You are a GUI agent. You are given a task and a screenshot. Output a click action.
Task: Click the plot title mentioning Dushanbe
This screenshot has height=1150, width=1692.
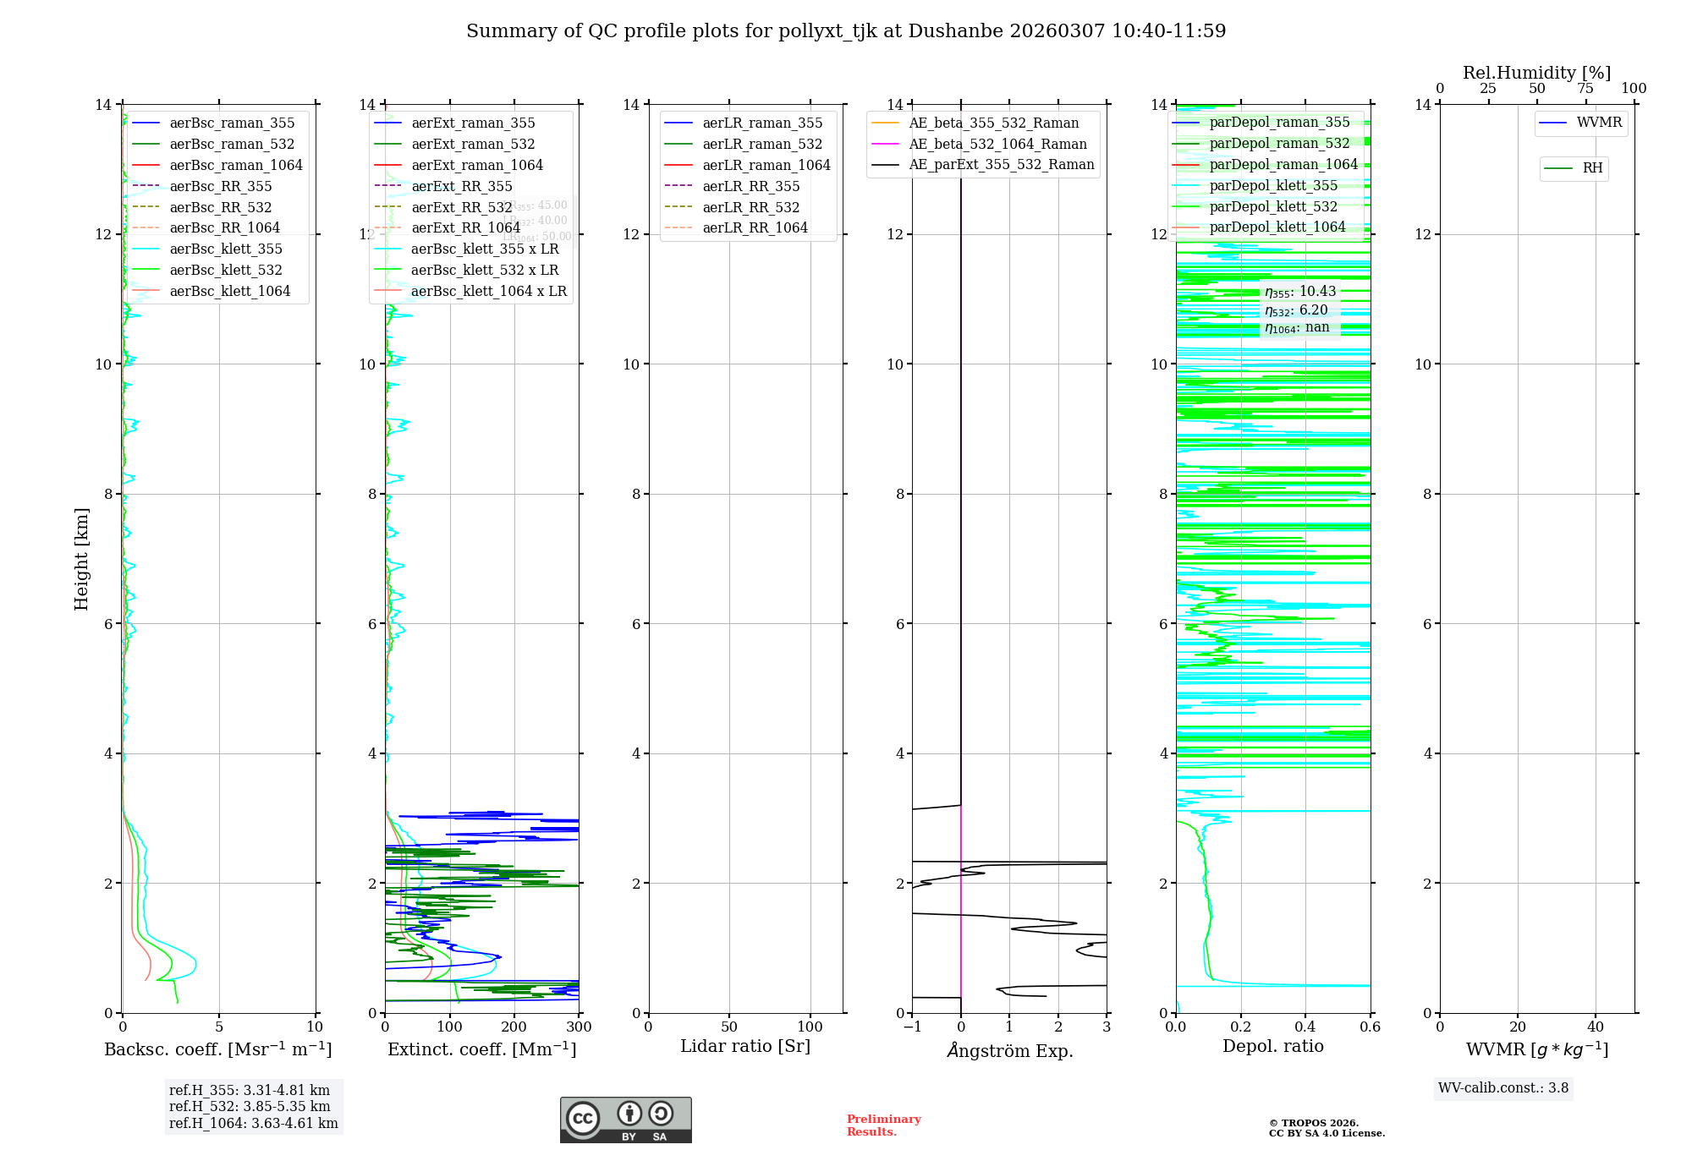pyautogui.click(x=846, y=31)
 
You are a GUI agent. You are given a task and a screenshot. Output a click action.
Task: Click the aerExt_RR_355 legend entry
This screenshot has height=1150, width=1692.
pyautogui.click(x=462, y=186)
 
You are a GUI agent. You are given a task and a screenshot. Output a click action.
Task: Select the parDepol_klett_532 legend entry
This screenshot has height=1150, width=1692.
pyautogui.click(x=1273, y=206)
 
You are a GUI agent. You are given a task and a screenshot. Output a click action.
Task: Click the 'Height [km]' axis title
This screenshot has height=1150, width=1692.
pyautogui.click(x=81, y=558)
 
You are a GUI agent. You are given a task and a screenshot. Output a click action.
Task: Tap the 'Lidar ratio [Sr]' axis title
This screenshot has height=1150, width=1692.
pyautogui.click(x=745, y=1046)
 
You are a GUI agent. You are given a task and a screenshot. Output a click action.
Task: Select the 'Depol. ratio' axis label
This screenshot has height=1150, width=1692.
pyautogui.click(x=1273, y=1046)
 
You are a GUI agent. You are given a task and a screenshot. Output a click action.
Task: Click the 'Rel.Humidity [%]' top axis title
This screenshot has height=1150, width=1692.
pyautogui.click(x=1536, y=73)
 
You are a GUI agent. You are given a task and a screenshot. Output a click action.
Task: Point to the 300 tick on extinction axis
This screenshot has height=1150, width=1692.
pyautogui.click(x=579, y=1027)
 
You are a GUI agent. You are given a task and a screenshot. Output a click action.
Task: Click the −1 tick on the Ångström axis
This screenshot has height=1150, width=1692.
pyautogui.click(x=912, y=1027)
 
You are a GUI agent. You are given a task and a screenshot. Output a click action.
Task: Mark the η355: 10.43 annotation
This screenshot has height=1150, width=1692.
pyautogui.click(x=1300, y=292)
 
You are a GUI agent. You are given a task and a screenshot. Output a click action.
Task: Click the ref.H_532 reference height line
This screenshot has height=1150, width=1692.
pyautogui.click(x=250, y=1106)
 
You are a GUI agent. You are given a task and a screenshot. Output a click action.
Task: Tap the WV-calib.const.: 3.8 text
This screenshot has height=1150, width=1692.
pyautogui.click(x=1503, y=1088)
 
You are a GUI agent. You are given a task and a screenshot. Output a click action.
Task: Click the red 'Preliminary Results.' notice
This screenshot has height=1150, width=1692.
pyautogui.click(x=883, y=1125)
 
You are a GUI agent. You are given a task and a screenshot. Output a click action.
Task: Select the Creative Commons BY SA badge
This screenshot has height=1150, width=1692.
pyautogui.click(x=625, y=1120)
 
